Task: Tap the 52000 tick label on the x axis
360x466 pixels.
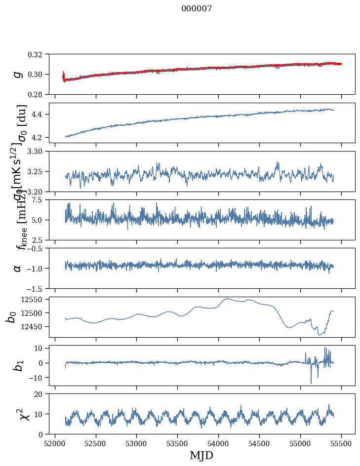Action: pos(55,443)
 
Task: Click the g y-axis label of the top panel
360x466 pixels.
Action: pos(18,74)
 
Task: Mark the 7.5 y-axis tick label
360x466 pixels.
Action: pos(40,200)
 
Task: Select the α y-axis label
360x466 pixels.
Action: pos(18,268)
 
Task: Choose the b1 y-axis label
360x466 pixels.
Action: pos(18,365)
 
